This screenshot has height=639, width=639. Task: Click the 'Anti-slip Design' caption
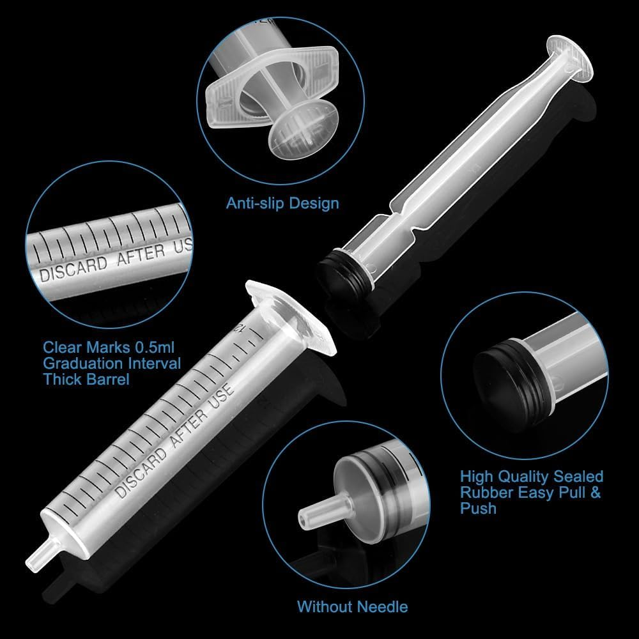pyautogui.click(x=282, y=204)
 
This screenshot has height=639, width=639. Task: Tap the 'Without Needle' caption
pyautogui.click(x=352, y=606)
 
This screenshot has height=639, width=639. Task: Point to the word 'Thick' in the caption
pyautogui.click(x=61, y=379)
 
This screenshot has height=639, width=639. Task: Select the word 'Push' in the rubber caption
pyautogui.click(x=477, y=509)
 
